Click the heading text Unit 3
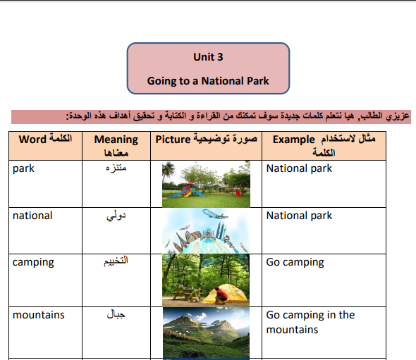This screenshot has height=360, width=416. tap(208, 57)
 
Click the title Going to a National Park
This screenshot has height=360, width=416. tap(208, 81)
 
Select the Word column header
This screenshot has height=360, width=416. tap(45, 139)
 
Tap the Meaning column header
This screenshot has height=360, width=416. tap(116, 146)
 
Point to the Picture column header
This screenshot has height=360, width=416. tap(206, 139)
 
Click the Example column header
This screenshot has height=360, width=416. tap(324, 146)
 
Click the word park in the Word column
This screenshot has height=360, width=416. tap(23, 168)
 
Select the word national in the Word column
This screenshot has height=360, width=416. tap(32, 216)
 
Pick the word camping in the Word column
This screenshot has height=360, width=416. tap(33, 263)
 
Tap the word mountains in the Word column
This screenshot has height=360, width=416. tap(39, 315)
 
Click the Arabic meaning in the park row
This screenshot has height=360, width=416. tap(116, 168)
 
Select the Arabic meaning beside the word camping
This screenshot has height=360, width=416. tap(116, 261)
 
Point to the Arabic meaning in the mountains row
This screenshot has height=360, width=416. tap(116, 314)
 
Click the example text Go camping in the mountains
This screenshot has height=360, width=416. tap(310, 322)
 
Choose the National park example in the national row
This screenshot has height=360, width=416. tap(299, 216)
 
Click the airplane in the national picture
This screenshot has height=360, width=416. tap(215, 213)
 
